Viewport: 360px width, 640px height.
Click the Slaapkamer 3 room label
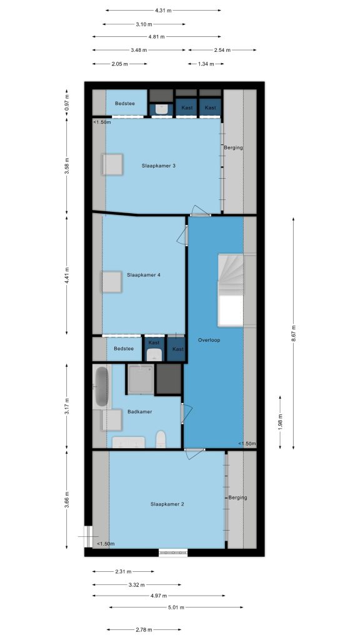point(159,166)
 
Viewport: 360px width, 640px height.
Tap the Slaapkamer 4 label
point(144,275)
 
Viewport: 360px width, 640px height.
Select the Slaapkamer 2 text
point(167,504)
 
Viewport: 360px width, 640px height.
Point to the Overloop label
point(209,340)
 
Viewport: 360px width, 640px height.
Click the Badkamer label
point(139,412)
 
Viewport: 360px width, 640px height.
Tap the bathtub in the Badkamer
point(102,386)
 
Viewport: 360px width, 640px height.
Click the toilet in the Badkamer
point(161,439)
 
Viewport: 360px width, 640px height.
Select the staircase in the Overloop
point(231,290)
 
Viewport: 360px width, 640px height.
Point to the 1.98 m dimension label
point(280,422)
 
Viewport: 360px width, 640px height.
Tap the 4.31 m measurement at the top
point(163,11)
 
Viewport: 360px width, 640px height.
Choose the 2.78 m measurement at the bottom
point(144,630)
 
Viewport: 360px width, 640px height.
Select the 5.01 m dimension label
point(176,607)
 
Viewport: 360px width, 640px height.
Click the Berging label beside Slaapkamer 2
point(237,497)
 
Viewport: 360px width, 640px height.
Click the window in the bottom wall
point(173,552)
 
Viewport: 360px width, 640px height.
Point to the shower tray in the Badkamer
point(141,379)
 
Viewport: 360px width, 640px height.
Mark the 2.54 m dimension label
point(222,50)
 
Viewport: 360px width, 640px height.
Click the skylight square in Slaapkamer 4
point(112,282)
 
